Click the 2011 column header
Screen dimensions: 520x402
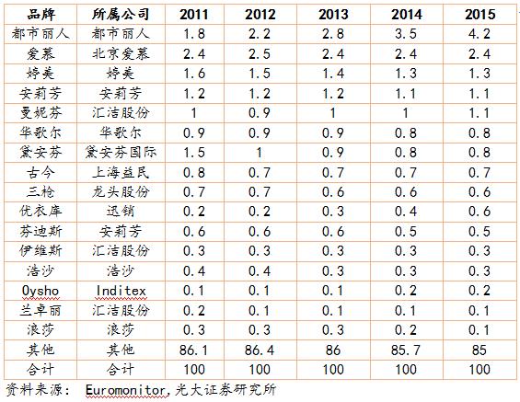(194, 14)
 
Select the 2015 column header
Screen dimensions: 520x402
(480, 14)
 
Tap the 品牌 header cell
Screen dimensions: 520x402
(40, 14)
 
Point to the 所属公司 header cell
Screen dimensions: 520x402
(121, 14)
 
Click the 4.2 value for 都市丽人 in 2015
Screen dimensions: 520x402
(480, 34)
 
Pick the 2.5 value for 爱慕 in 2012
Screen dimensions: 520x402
(260, 53)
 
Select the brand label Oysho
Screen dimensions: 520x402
(40, 291)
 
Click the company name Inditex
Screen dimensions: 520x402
(121, 291)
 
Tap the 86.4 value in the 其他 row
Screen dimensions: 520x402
(260, 350)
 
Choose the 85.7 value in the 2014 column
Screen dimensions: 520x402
(406, 350)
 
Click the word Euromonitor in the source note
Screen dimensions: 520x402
(124, 390)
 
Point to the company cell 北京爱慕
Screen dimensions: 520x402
(121, 53)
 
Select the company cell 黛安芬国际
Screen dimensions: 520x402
(121, 153)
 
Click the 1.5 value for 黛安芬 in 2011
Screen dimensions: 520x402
(194, 153)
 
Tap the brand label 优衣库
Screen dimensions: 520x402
(40, 211)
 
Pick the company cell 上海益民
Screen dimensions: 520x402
(121, 172)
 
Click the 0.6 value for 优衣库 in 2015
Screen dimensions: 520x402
(480, 211)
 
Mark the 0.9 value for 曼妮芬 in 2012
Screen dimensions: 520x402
(260, 113)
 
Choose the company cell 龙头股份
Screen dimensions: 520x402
(121, 191)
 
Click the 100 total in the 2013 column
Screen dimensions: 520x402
(333, 369)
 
